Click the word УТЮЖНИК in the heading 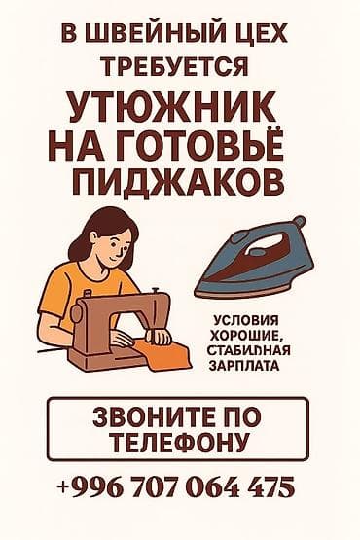[172, 109]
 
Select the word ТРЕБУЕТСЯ [174, 65]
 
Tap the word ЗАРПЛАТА [244, 366]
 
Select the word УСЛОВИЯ [246, 320]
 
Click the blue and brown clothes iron [254, 257]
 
